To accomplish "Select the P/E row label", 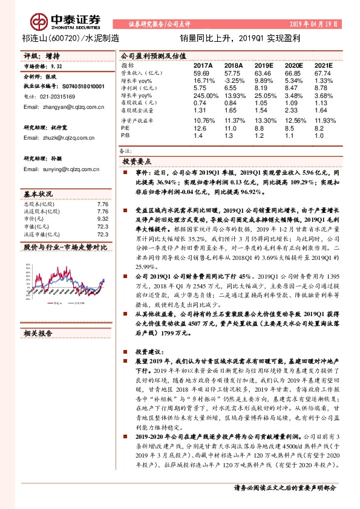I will click(x=126, y=128).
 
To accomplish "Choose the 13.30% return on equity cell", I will click(x=264, y=120).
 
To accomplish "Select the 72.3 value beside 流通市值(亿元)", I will click(x=102, y=234).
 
